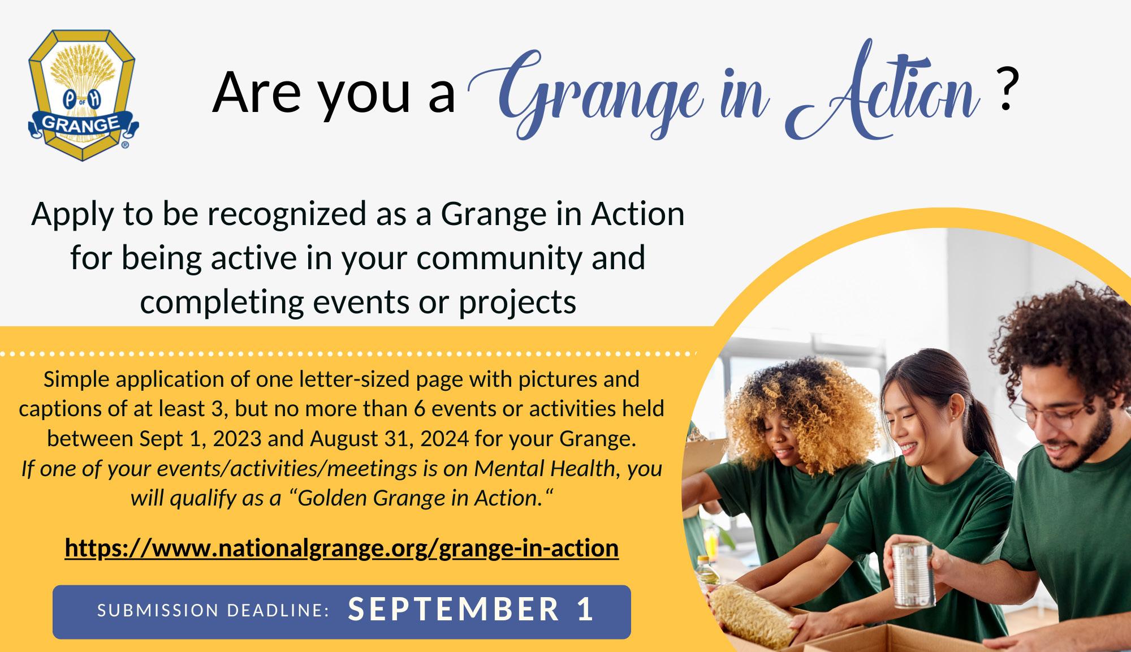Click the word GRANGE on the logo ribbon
click(80, 125)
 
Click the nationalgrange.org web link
click(342, 547)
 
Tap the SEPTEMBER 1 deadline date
click(470, 609)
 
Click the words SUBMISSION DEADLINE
click(213, 610)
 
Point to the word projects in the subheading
click(517, 304)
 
